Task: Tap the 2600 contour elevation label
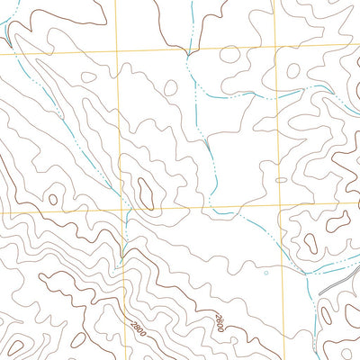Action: (219, 319)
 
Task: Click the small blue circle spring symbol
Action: (266, 270)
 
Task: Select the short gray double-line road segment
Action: (332, 282)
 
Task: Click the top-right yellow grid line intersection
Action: (274, 49)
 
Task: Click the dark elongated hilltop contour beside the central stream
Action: (144, 188)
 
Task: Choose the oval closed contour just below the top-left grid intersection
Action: (90, 77)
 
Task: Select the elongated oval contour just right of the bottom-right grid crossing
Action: (310, 242)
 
